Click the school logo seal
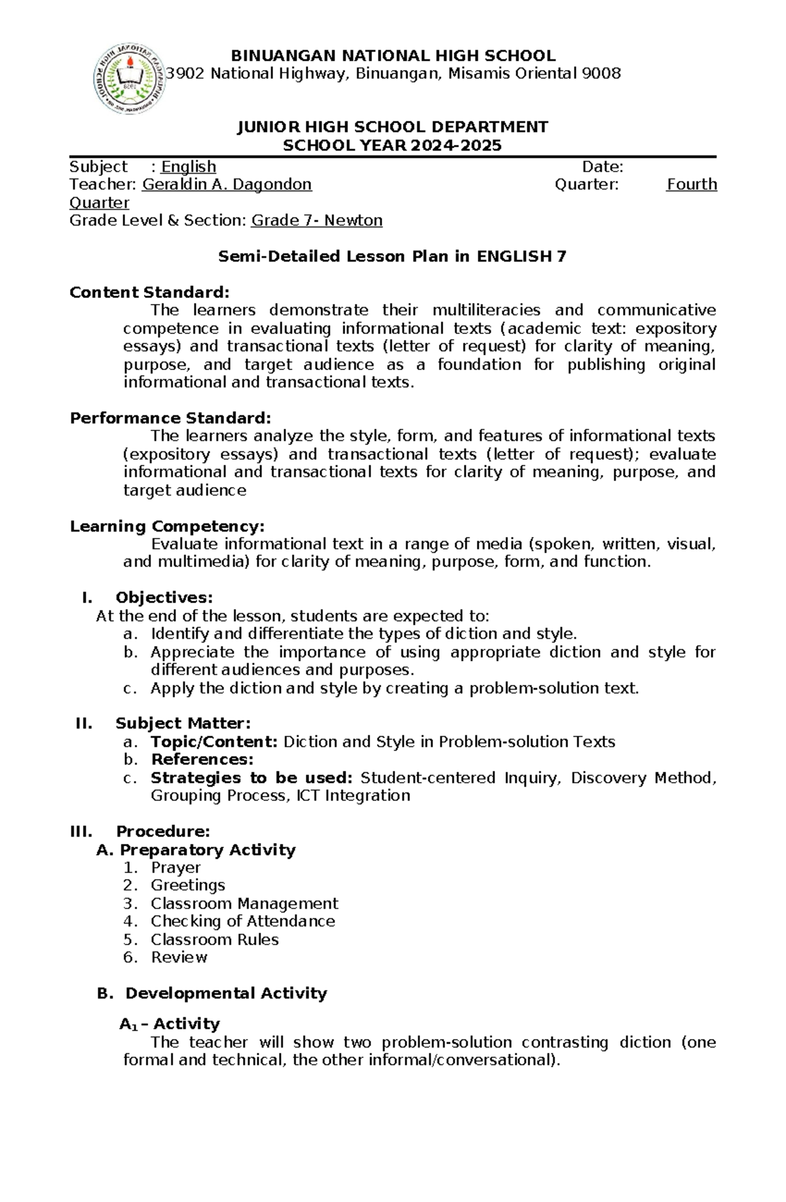coord(129,79)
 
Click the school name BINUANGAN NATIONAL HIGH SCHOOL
coord(393,56)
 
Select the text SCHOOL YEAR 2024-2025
coord(392,145)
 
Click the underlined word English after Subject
coord(189,167)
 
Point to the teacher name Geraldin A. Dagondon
coord(227,185)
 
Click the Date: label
coord(603,167)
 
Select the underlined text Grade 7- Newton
coord(317,221)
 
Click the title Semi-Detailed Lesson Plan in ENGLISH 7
coord(392,257)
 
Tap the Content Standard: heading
coord(150,293)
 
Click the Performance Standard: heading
coord(170,419)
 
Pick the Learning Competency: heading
coord(167,527)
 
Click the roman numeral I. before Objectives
coord(85,598)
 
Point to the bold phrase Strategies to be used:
coord(252,778)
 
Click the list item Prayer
coord(176,868)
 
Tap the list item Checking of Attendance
coord(242,922)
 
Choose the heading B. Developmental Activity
coord(212,994)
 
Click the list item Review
coord(179,958)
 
